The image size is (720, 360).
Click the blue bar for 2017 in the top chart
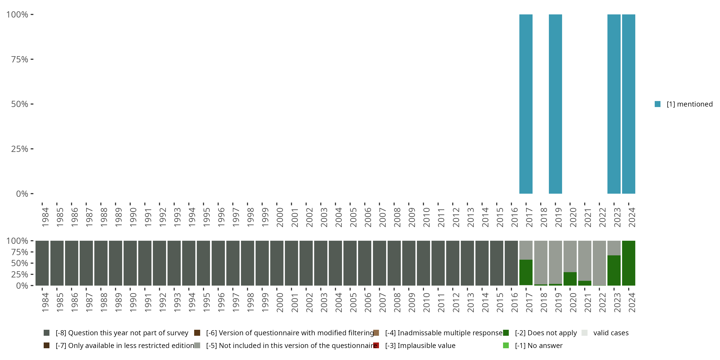click(x=526, y=104)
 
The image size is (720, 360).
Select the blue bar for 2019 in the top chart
click(x=555, y=104)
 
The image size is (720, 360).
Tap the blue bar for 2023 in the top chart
click(x=614, y=104)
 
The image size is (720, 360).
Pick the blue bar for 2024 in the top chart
click(x=628, y=104)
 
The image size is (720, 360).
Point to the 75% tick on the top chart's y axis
click(x=32, y=59)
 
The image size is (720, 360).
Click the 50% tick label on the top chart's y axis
click(x=20, y=104)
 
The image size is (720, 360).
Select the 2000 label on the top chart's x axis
click(x=280, y=217)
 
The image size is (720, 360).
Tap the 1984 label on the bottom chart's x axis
click(x=45, y=302)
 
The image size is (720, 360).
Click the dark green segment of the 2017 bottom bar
click(x=526, y=272)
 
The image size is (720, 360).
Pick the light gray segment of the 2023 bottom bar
click(x=614, y=248)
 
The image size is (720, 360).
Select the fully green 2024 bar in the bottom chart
click(x=628, y=263)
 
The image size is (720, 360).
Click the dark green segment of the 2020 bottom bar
click(x=570, y=279)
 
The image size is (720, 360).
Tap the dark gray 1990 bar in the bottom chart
click(x=130, y=263)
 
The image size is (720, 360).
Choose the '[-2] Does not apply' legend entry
click(x=546, y=333)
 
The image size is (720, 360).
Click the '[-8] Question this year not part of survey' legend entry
click(x=122, y=333)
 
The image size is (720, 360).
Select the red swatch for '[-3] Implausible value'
click(x=376, y=345)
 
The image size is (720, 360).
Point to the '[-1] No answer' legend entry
click(x=539, y=345)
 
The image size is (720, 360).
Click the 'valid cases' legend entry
click(x=611, y=333)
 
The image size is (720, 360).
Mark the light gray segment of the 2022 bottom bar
click(x=599, y=263)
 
